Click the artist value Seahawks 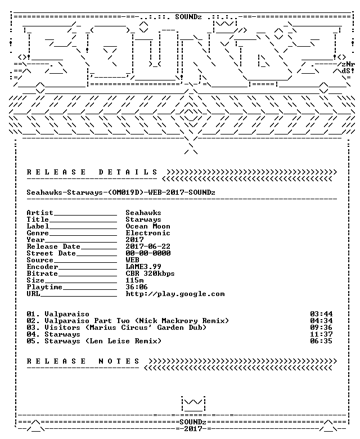tap(143, 213)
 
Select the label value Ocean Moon tap(148, 226)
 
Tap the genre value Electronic tap(148, 233)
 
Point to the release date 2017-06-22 tap(148, 247)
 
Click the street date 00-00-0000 tap(148, 253)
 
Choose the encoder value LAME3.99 tap(143, 267)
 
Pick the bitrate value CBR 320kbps tap(150, 274)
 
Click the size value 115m tap(134, 280)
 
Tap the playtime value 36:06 tap(137, 287)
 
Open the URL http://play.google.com tap(175, 294)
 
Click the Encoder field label tap(42, 267)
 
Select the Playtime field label tap(44, 287)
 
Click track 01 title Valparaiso tap(67, 314)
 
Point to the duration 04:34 tap(321, 321)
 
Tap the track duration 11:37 tap(321, 334)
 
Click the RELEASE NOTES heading tap(83, 361)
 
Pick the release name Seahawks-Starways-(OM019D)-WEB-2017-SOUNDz tap(121, 192)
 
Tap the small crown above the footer tap(193, 404)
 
